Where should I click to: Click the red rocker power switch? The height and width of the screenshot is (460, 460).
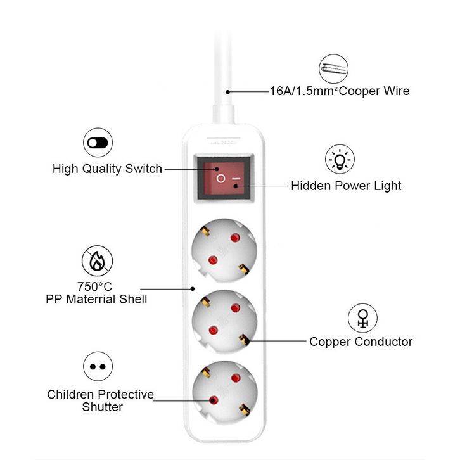click(224, 178)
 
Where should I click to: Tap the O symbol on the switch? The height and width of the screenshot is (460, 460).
click(220, 178)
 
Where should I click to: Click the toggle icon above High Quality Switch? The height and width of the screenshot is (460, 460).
click(98, 143)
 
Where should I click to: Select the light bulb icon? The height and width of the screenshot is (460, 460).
click(340, 159)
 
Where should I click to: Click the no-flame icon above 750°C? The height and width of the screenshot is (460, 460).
click(97, 260)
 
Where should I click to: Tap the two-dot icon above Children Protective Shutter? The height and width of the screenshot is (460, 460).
click(98, 366)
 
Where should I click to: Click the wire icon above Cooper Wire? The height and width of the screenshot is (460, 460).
click(334, 68)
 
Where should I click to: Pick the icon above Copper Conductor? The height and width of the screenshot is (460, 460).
click(362, 318)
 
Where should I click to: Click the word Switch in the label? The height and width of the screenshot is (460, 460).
click(143, 169)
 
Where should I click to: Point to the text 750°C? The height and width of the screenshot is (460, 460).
click(94, 286)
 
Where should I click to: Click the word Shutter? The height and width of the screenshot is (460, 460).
click(102, 407)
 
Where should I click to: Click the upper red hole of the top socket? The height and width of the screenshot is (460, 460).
click(235, 238)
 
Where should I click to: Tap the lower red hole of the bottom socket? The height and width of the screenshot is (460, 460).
click(214, 400)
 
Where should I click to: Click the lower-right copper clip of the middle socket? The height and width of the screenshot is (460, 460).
click(243, 339)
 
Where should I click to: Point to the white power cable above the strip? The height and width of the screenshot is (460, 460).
click(223, 73)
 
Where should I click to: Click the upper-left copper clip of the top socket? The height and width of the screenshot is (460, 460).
click(205, 231)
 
